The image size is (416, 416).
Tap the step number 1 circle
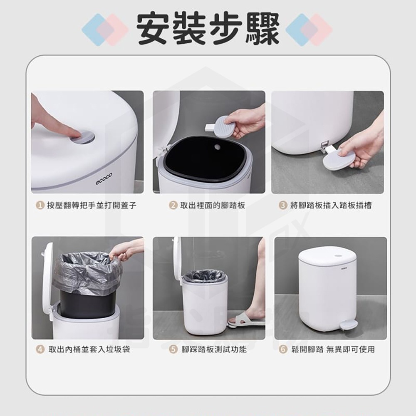(x=40, y=205)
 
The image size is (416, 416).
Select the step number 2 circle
(x=173, y=205)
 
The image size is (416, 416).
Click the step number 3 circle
(x=283, y=205)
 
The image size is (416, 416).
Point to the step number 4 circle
(x=40, y=349)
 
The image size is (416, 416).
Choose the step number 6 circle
(x=283, y=349)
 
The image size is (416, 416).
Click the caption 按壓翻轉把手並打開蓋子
(x=92, y=205)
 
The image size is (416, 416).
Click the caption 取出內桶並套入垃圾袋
(x=89, y=349)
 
